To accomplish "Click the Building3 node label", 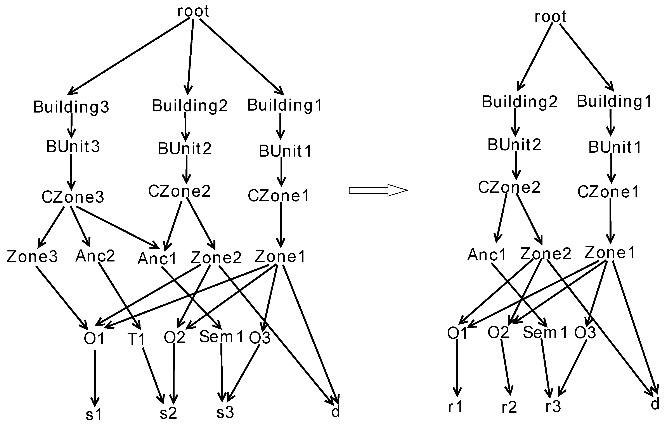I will coord(71,107).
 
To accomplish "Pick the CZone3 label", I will coord(73,197).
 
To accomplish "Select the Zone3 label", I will coord(32,256).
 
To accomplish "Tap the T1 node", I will coord(136,339).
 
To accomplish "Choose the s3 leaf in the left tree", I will coord(225,413).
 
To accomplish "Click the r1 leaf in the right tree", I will coord(455,407).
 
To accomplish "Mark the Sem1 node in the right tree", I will coord(545,333).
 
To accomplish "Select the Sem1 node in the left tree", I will coord(221,337).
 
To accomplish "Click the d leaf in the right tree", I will coord(655,404).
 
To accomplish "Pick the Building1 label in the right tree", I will coord(614,101).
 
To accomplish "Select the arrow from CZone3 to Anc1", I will coord(117,227).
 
